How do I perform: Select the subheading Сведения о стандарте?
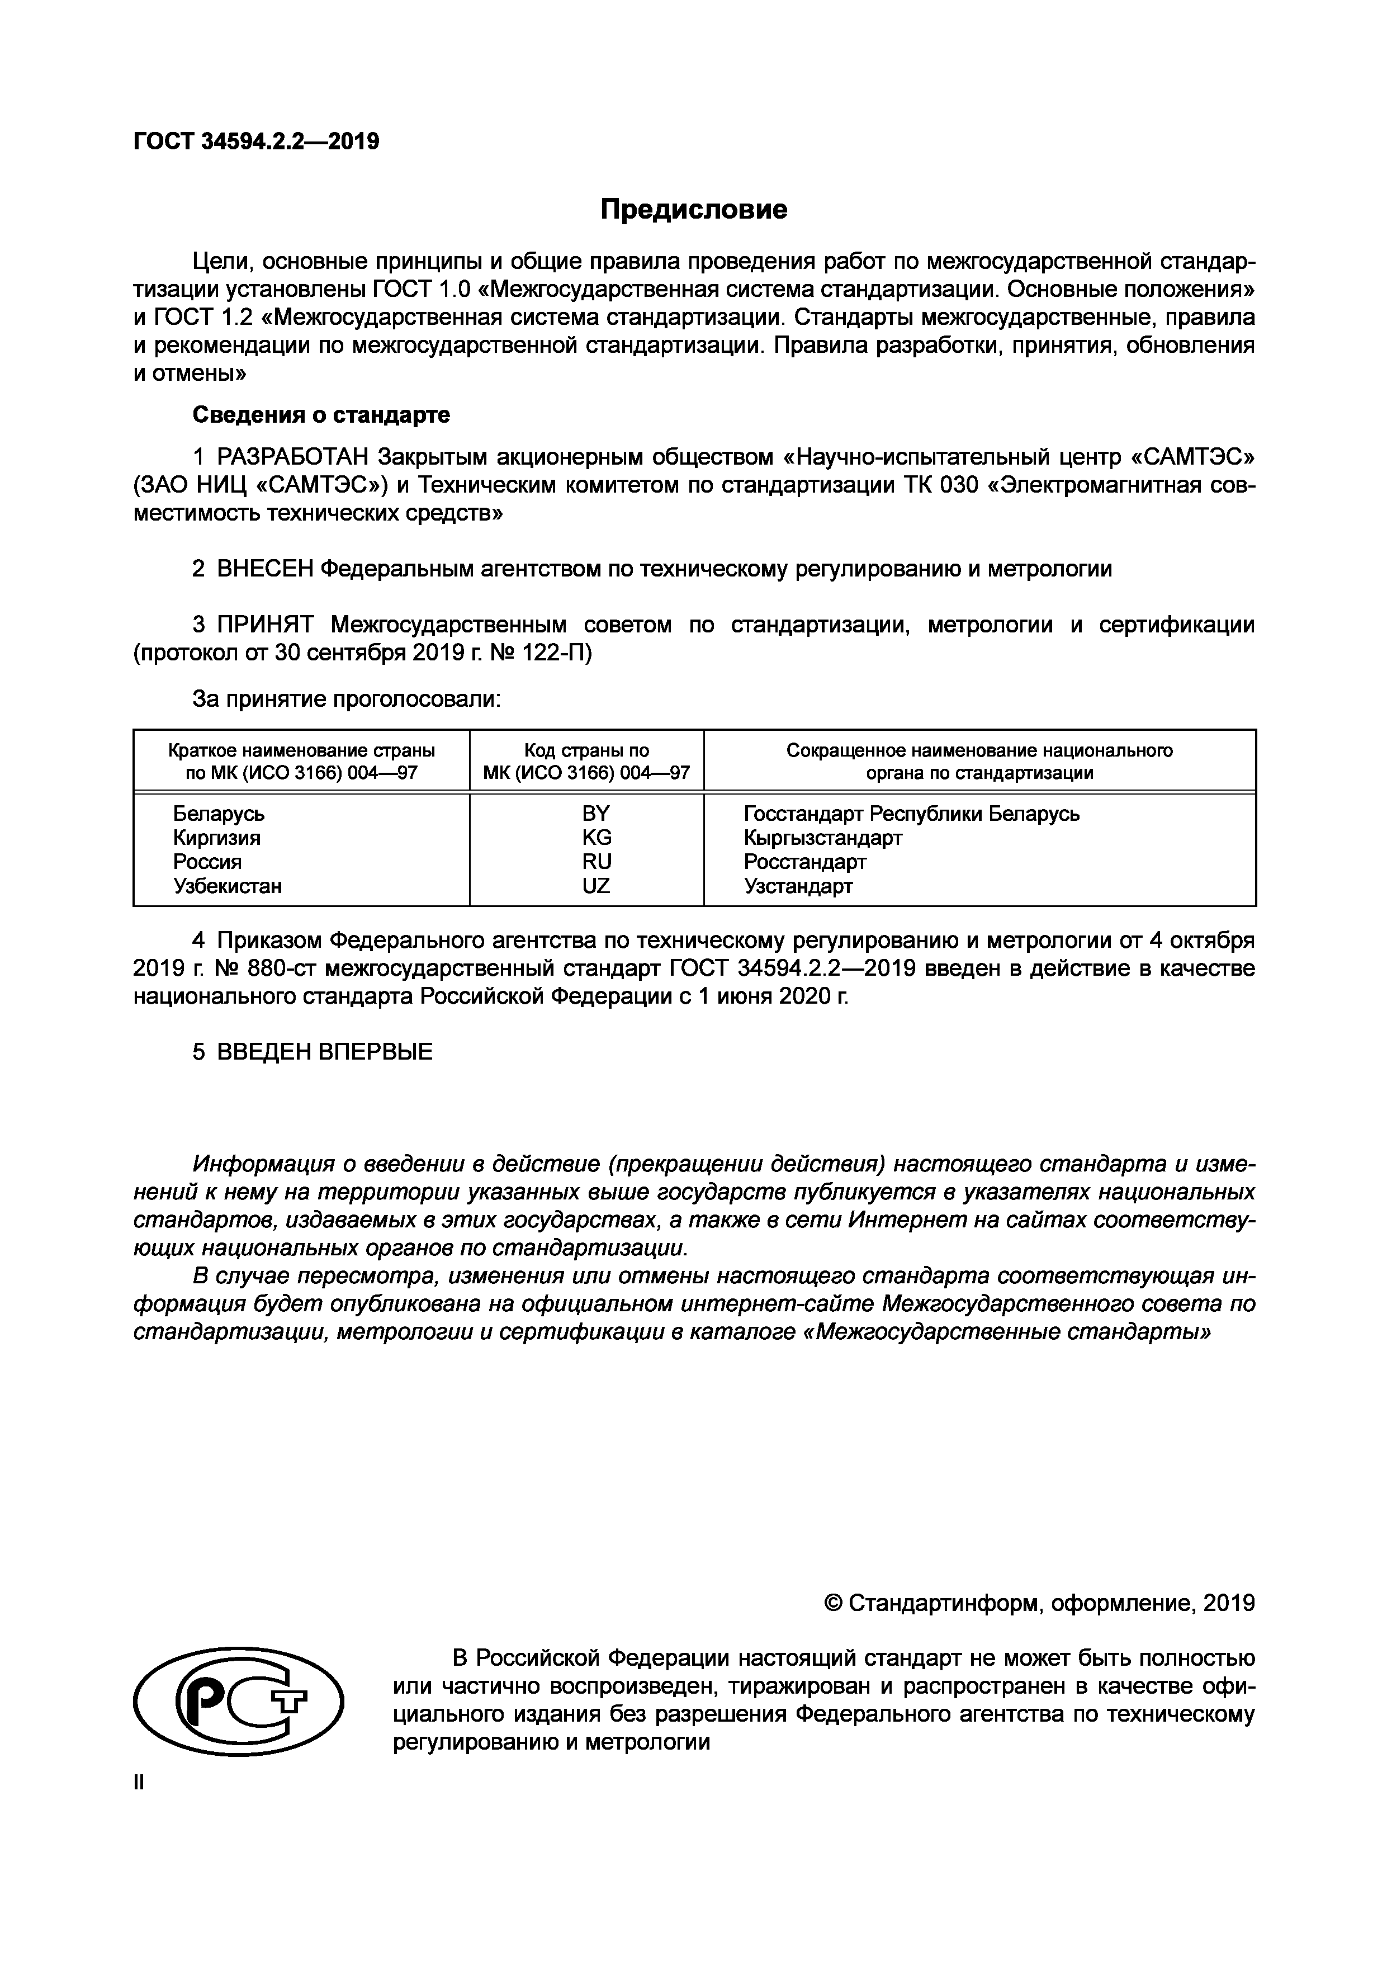tap(321, 415)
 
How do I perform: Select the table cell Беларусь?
tap(219, 814)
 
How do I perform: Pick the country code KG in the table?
tap(596, 838)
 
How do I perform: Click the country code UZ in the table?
tap(596, 886)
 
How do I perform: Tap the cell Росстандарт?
tap(804, 862)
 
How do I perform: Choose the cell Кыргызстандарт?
tap(822, 838)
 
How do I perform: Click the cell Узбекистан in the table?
tap(227, 886)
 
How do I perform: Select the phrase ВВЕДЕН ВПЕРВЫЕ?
tap(325, 1052)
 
